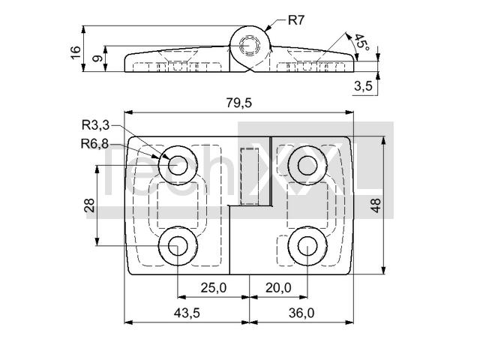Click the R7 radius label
tap(297, 20)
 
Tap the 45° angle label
tap(361, 42)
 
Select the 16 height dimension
tap(76, 52)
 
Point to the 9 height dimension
tap(97, 58)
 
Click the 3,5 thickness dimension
tap(363, 86)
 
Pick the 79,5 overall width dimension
tap(239, 103)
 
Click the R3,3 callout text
tap(95, 125)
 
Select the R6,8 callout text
tap(94, 143)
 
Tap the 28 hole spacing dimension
tap(89, 205)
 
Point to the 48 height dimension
tap(376, 205)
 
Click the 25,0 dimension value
tap(214, 288)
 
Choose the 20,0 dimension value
tap(278, 288)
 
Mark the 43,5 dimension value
tap(187, 313)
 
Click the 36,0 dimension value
tap(301, 313)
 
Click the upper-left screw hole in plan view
tap(178, 165)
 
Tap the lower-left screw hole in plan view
tap(178, 246)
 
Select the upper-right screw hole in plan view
tap(307, 165)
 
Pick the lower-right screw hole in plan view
tap(307, 246)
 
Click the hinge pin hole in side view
tap(250, 46)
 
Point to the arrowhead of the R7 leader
tap(265, 29)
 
